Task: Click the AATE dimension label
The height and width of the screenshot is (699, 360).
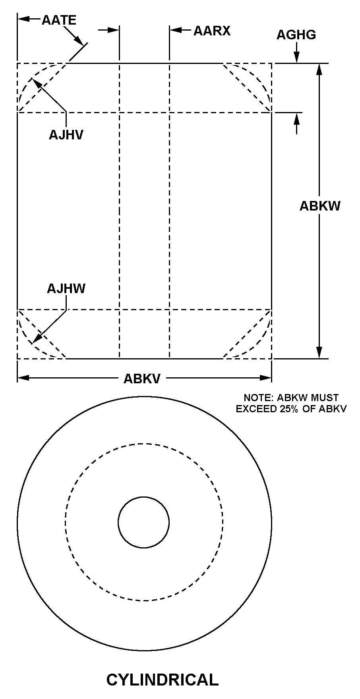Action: [59, 20]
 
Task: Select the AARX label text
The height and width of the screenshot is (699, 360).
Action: [212, 31]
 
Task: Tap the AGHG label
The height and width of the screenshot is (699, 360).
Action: [296, 35]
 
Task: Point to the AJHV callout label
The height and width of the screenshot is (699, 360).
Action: [66, 135]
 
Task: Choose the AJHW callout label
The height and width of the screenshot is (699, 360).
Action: [66, 288]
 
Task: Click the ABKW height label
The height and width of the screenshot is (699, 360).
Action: [320, 206]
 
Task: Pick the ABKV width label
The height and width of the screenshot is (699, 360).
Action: [142, 378]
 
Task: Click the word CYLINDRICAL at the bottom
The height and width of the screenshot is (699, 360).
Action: [163, 680]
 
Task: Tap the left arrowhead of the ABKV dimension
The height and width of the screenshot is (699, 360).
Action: [23, 378]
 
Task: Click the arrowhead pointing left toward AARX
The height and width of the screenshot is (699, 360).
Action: [175, 30]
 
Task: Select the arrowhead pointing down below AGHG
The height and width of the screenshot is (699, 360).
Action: [296, 58]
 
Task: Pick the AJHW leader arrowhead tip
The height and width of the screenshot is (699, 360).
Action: [32, 343]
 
